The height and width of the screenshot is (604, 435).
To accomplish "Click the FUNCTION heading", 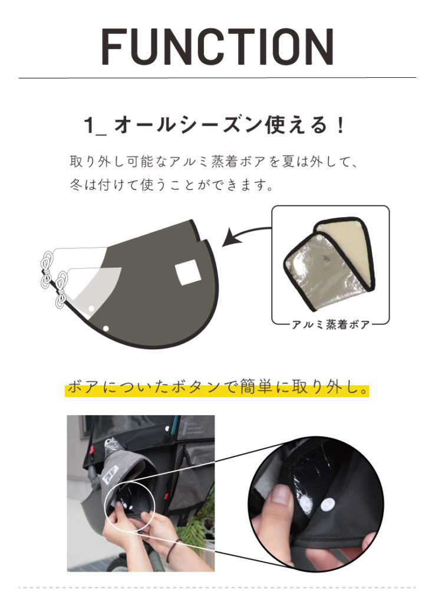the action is (x=218, y=47).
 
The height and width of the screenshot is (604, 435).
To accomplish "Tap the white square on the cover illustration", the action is (x=188, y=273).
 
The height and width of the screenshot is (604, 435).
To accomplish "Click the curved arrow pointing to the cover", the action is (x=246, y=235).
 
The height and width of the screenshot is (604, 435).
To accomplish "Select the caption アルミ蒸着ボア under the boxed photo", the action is (x=330, y=324).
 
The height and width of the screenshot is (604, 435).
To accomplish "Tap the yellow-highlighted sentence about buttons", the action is (x=218, y=388).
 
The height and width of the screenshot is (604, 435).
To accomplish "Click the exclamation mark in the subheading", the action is (x=340, y=126).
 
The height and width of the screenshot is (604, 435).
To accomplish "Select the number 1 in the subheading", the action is (x=90, y=126).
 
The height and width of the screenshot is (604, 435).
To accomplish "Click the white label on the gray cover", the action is (x=110, y=473).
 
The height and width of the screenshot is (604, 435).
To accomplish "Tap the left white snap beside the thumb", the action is (x=305, y=502).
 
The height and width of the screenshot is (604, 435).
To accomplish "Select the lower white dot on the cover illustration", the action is (x=106, y=329).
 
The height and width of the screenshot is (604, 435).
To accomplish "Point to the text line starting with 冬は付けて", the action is (x=172, y=185).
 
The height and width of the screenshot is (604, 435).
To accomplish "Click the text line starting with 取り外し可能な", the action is (x=213, y=162).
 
